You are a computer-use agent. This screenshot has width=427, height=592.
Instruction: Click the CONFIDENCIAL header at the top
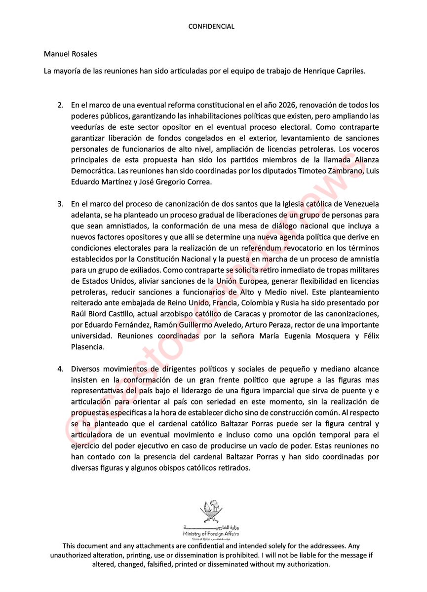(211, 27)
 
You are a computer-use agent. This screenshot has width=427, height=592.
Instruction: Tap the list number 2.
(61, 106)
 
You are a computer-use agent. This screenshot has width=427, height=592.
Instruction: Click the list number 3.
(61, 204)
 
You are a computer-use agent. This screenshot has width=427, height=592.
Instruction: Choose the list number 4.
(61, 369)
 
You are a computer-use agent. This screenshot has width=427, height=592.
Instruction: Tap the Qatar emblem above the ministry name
(211, 512)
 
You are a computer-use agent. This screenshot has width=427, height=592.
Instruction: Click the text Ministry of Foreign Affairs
(211, 534)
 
